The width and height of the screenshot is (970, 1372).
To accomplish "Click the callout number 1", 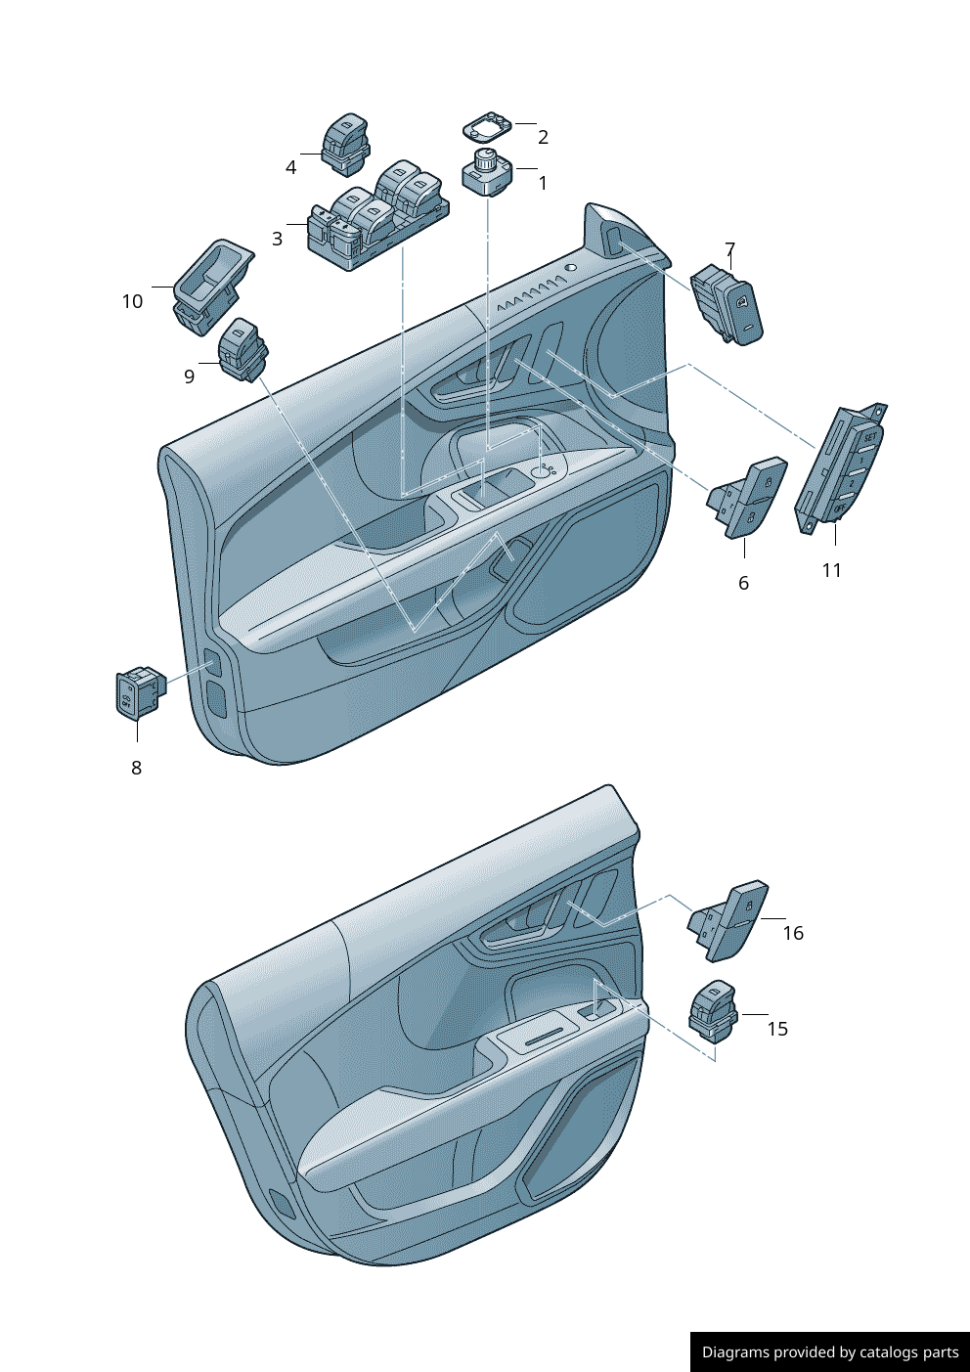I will click(x=543, y=183).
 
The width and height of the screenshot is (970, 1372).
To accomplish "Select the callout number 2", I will click(x=543, y=137).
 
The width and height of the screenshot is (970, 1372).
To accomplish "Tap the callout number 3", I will click(x=277, y=239).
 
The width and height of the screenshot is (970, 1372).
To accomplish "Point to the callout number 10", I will click(x=132, y=301).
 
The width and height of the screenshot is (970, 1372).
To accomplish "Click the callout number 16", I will click(x=793, y=933).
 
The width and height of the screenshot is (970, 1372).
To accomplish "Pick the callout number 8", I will click(x=136, y=768).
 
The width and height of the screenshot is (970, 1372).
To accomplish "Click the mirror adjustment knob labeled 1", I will click(x=486, y=172).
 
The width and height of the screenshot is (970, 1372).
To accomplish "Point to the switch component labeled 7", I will click(x=728, y=303).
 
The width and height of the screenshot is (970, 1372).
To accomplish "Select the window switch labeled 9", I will click(x=242, y=350).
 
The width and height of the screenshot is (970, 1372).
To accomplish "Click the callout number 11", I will click(x=831, y=570).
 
